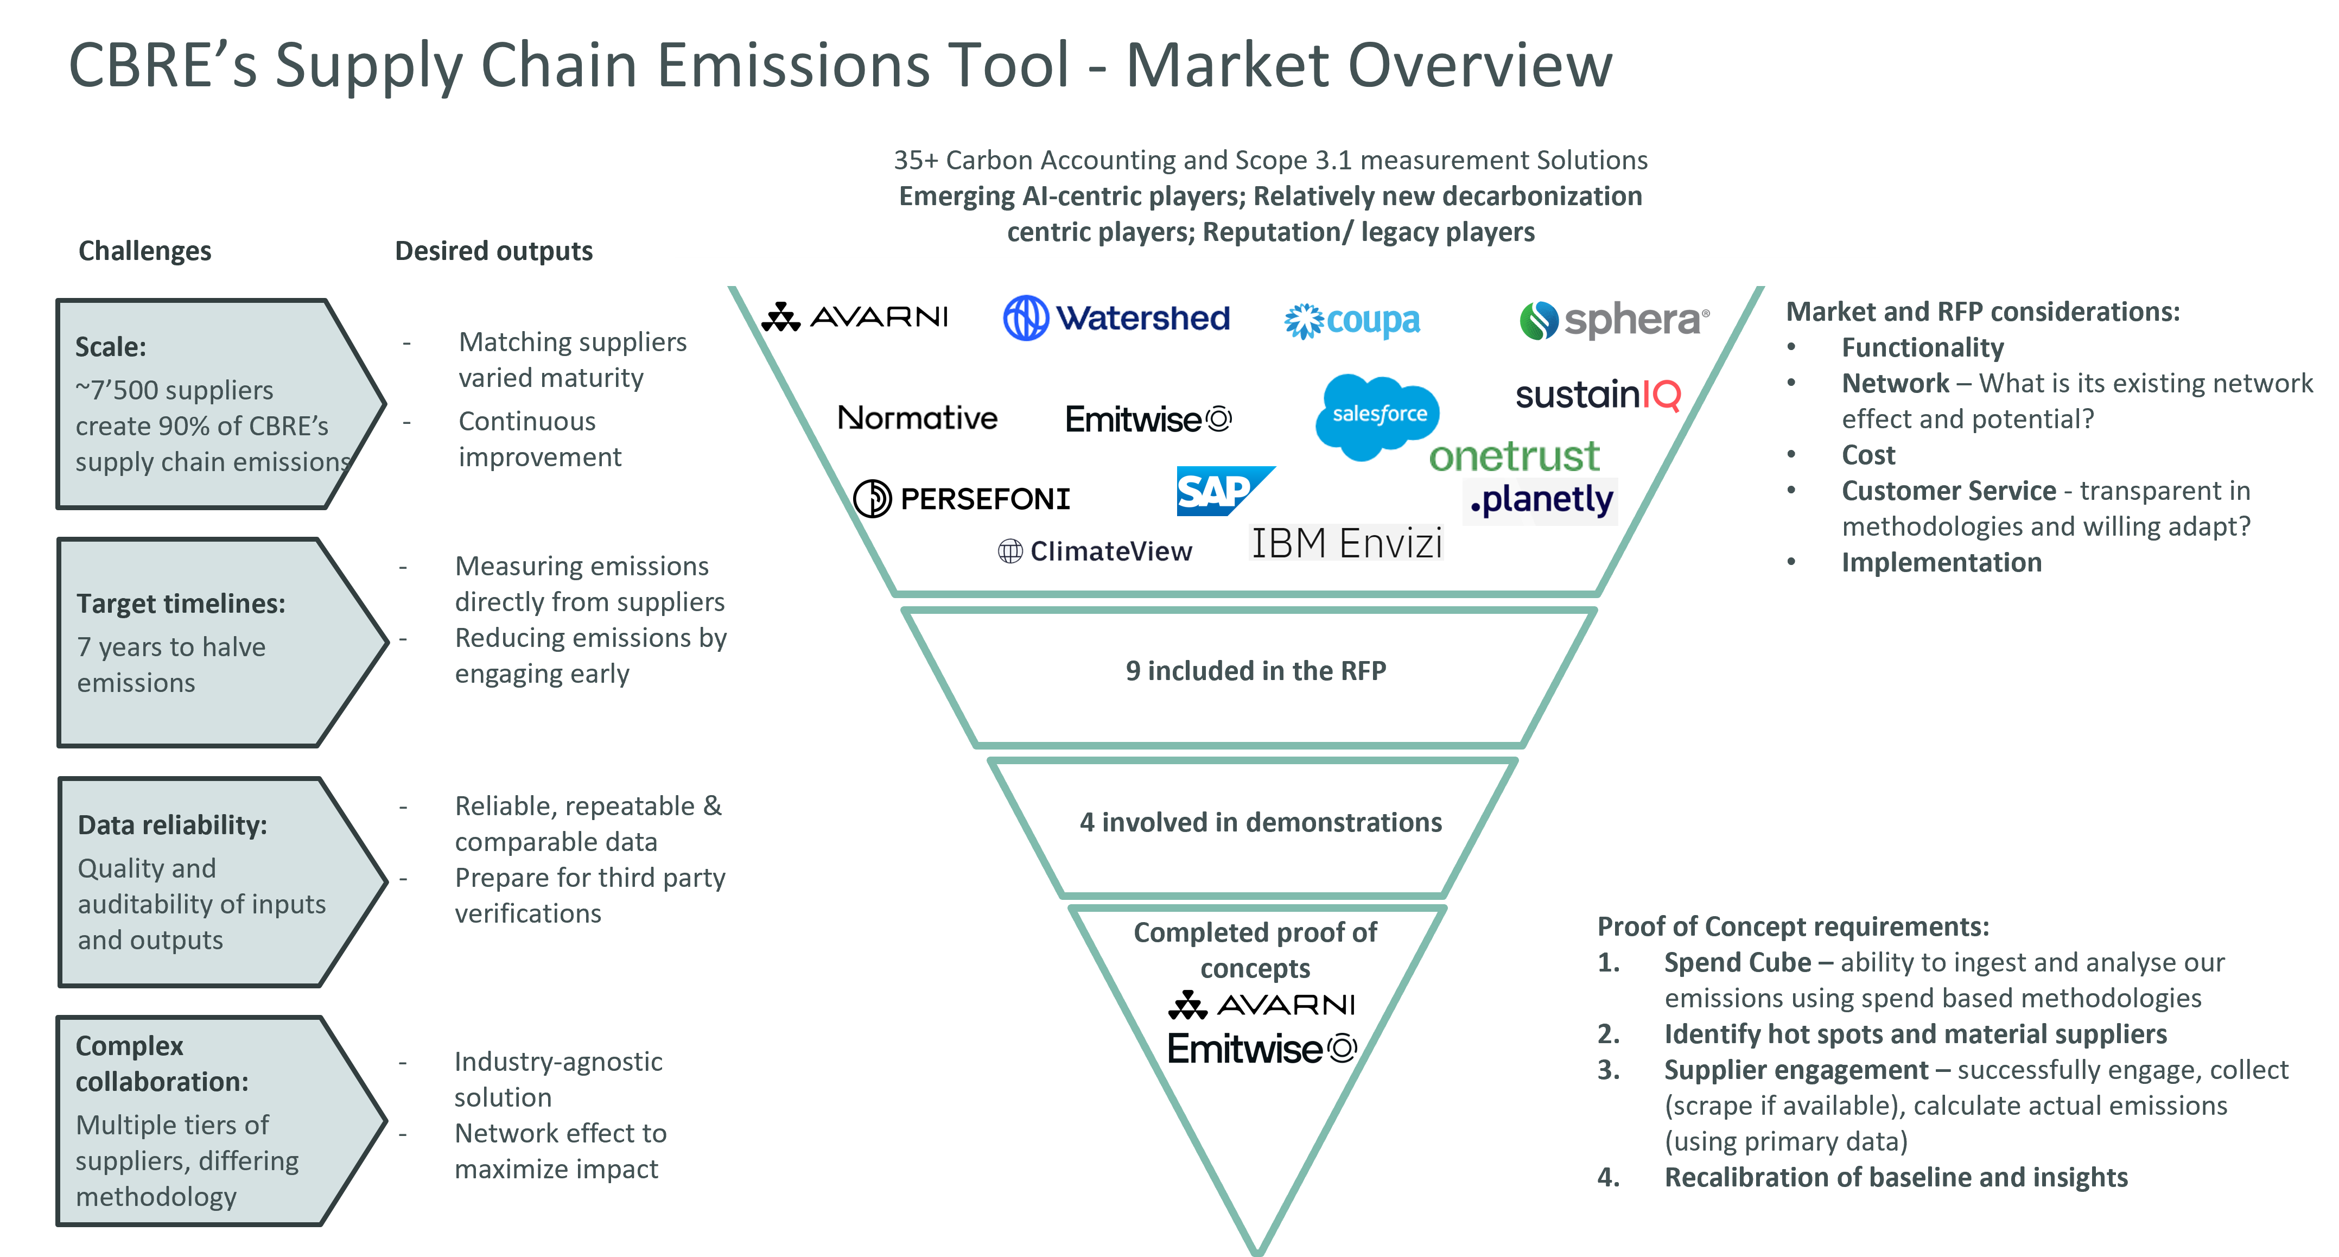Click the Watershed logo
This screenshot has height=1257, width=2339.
1115,318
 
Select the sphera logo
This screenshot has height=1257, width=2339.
1615,320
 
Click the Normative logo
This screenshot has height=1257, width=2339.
916,418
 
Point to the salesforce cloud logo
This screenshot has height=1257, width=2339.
1377,416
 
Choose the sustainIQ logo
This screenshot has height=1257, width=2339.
1598,395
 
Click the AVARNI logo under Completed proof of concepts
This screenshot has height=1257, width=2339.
1262,1005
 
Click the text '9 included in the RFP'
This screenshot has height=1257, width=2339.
1256,670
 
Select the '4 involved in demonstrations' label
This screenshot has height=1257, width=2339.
1260,822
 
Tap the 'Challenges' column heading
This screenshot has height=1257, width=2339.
145,251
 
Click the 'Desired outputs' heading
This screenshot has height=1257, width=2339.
494,251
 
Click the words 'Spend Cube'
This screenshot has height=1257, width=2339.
1737,962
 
